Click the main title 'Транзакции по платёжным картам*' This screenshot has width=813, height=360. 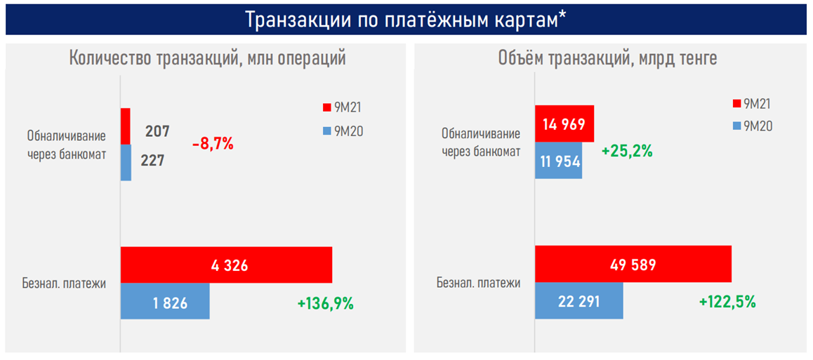(x=406, y=20)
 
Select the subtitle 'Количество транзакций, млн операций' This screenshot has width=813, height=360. (x=207, y=59)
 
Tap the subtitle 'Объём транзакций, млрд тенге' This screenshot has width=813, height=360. (x=607, y=59)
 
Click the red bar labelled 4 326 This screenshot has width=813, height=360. (x=226, y=265)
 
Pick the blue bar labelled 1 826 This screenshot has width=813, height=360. (x=165, y=301)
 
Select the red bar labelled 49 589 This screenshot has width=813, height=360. (x=633, y=265)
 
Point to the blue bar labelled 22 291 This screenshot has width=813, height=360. (x=579, y=301)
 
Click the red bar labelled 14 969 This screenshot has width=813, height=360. (x=564, y=124)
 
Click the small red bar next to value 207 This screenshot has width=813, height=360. (x=126, y=126)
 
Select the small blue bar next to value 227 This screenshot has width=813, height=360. (x=126, y=163)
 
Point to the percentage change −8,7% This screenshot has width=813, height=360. (x=212, y=145)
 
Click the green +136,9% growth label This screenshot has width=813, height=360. (x=325, y=304)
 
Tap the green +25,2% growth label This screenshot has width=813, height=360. (x=627, y=151)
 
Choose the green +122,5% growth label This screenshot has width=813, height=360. (x=727, y=302)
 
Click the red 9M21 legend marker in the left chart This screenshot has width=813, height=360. (x=326, y=107)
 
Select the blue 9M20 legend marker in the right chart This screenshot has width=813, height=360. (x=736, y=126)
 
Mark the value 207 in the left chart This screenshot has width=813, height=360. (x=157, y=131)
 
